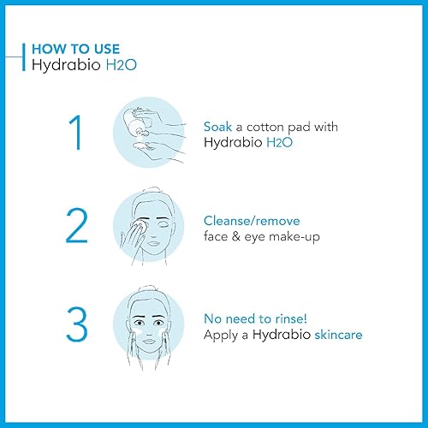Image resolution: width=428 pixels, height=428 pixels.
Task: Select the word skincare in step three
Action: tap(333, 334)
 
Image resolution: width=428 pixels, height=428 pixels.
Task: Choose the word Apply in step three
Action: tap(222, 334)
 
